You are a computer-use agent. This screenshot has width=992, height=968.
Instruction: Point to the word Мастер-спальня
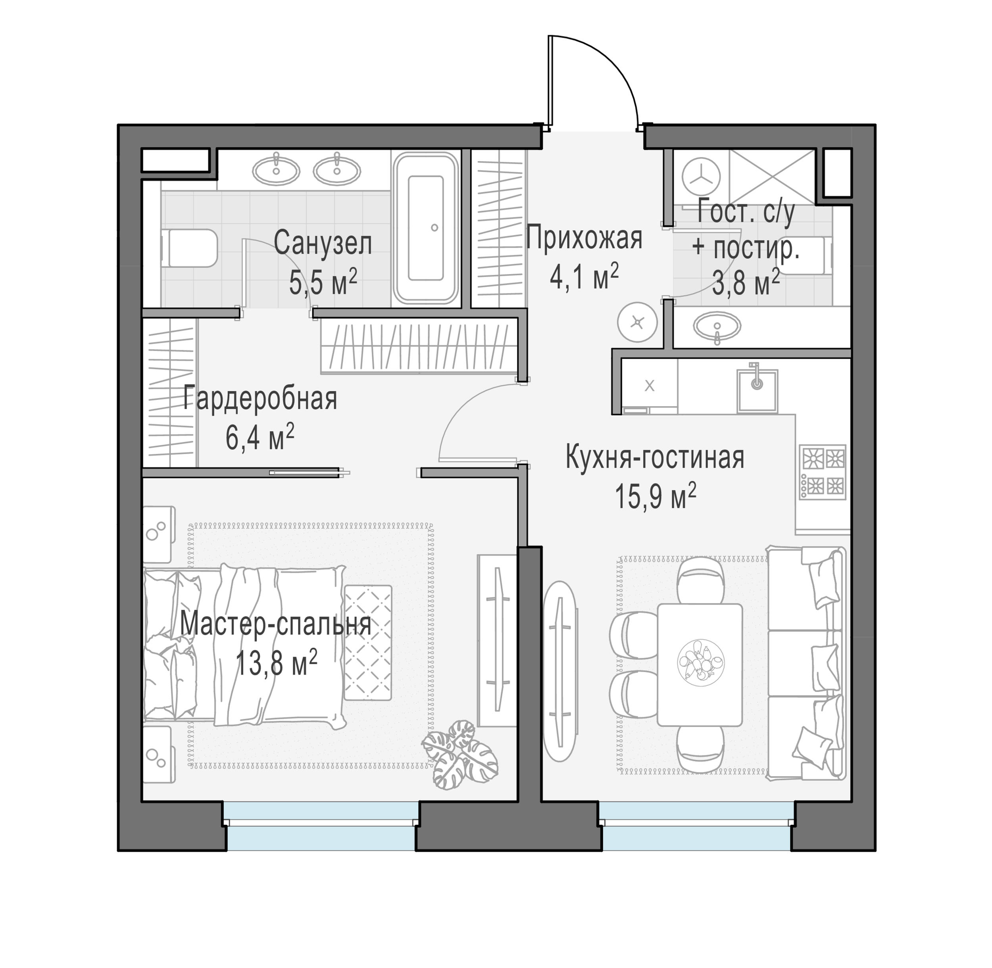(x=276, y=625)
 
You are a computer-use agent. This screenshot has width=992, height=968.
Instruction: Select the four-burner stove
(x=822, y=472)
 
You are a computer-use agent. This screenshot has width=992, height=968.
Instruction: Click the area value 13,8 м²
(x=277, y=663)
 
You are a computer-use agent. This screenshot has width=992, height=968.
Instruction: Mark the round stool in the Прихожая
(x=638, y=322)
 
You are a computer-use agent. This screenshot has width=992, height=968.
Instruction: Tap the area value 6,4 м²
(x=260, y=437)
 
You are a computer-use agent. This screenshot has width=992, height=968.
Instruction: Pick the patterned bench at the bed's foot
(x=368, y=643)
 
